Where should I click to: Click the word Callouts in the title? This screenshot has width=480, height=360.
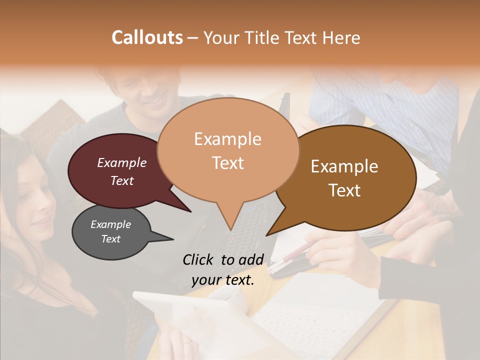point(147,37)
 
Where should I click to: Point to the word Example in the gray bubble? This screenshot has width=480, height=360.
point(110,224)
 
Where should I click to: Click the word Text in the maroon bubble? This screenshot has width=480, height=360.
point(122,180)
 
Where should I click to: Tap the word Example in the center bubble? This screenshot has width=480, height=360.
point(228,139)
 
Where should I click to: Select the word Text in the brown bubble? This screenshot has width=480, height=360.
point(345,190)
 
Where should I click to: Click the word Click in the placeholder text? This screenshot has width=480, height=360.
point(199,259)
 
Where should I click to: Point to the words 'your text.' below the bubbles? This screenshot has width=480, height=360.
point(223,280)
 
